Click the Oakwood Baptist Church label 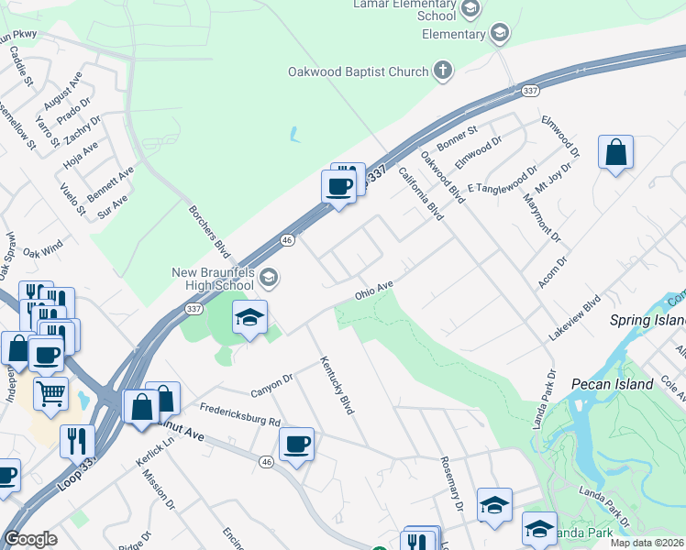tap(358, 71)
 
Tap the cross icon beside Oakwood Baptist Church tap(443, 71)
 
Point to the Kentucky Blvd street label tap(336, 386)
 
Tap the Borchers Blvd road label tap(208, 228)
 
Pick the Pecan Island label tap(612, 384)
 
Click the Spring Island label tap(647, 321)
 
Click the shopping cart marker tap(50, 394)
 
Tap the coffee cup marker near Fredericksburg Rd tap(296, 445)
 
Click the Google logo tap(30, 539)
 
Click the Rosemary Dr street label tap(450, 485)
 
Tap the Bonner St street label tap(459, 140)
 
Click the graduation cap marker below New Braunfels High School tap(249, 318)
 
